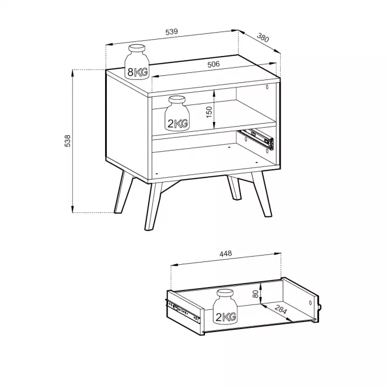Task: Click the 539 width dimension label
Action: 172,32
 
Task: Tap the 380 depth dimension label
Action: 263,37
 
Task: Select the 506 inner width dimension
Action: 214,64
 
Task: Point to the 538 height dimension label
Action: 68,141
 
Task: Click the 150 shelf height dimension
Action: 209,112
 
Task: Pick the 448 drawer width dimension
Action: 226,254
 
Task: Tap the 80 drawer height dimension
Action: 256,293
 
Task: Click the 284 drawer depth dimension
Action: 281,310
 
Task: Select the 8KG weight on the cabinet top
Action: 137,62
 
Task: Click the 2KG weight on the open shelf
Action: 177,114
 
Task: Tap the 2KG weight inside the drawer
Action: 225,306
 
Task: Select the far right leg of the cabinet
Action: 262,194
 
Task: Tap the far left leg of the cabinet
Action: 124,192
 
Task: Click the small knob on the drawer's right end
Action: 320,307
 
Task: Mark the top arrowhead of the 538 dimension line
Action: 73,72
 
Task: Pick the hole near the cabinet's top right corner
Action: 267,87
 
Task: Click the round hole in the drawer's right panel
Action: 310,303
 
